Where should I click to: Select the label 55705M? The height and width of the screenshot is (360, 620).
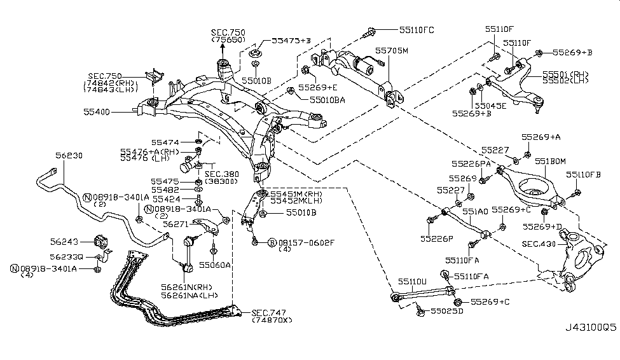391,50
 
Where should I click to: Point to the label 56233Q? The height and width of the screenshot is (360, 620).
66,257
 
